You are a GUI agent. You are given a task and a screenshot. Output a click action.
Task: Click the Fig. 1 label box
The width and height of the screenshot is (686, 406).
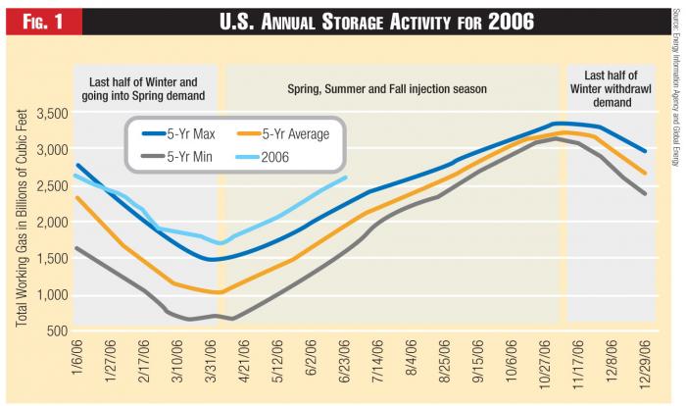40,19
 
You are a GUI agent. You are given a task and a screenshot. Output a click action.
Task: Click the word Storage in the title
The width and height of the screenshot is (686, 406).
388,19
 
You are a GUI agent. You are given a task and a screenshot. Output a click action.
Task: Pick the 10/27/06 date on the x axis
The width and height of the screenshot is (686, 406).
535,362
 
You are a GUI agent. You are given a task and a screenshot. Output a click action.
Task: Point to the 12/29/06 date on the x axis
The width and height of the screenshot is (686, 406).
645,362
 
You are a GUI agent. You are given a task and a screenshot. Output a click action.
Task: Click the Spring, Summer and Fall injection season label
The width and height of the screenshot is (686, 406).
386,89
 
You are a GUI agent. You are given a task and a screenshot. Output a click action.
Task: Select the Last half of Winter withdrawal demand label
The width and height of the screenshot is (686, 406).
611,88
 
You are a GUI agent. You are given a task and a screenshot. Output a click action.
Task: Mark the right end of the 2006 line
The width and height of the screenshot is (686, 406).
346,178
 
